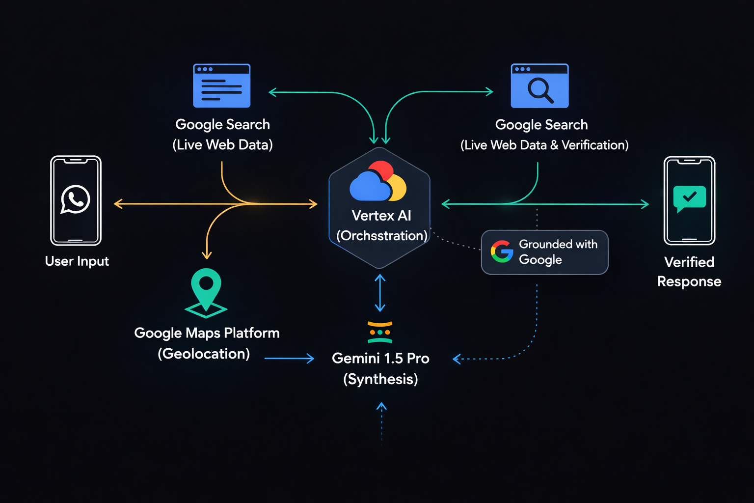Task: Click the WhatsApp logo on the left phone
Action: point(75,199)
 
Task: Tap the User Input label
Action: point(77,261)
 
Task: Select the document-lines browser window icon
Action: point(222,85)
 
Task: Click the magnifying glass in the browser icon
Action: point(540,90)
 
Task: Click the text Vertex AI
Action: point(381,216)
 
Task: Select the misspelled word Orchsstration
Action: point(382,236)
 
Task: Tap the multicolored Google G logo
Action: point(502,251)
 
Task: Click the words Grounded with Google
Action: point(558,251)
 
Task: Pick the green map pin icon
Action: point(206,293)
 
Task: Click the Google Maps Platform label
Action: point(207,333)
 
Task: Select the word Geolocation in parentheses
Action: point(204,354)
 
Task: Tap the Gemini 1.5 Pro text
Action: point(380,359)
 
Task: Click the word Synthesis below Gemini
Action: point(380,379)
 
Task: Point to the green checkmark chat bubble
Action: point(690,198)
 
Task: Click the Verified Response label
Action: point(689,272)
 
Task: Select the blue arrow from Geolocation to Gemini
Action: point(289,359)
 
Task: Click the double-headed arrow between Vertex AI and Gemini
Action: point(380,293)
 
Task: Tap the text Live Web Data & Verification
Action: point(544,145)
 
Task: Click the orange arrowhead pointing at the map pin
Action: point(207,254)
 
